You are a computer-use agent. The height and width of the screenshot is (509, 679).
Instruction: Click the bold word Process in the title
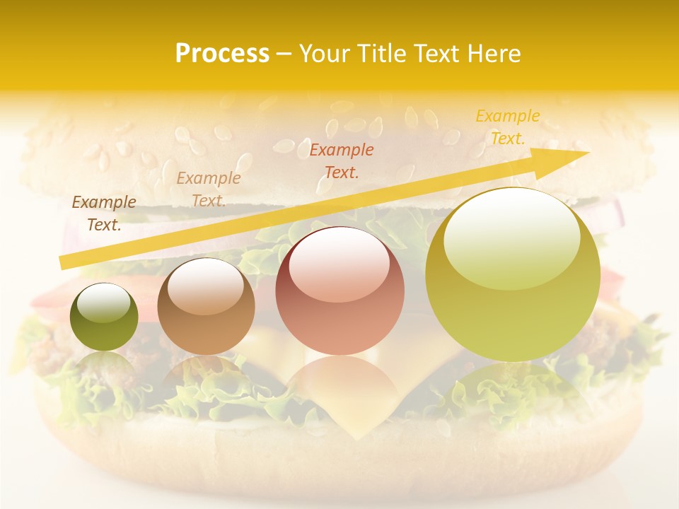(x=222, y=54)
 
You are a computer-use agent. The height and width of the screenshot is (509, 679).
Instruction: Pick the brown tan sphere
(x=206, y=306)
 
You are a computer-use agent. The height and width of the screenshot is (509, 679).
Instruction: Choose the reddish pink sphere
(x=339, y=291)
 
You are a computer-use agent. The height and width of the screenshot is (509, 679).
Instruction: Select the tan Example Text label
(x=208, y=189)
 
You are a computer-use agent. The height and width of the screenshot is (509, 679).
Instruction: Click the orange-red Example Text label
(x=342, y=160)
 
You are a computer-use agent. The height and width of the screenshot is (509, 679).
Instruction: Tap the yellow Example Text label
(x=508, y=127)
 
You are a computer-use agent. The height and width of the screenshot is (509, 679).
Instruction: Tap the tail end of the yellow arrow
(x=64, y=263)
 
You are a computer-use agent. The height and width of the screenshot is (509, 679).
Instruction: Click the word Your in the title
(x=325, y=54)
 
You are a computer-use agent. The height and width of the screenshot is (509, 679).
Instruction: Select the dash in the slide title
(x=284, y=54)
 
